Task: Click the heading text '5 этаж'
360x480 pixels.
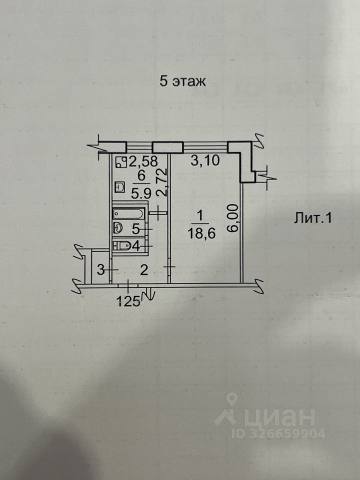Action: click(x=182, y=81)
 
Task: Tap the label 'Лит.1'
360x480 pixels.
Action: click(x=312, y=218)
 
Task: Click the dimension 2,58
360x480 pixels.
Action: click(x=143, y=161)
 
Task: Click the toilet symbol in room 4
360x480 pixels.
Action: click(x=123, y=245)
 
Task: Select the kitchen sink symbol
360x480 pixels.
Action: click(x=120, y=187)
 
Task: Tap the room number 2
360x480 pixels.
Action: click(x=143, y=270)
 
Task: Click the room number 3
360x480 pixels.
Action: click(x=100, y=270)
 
